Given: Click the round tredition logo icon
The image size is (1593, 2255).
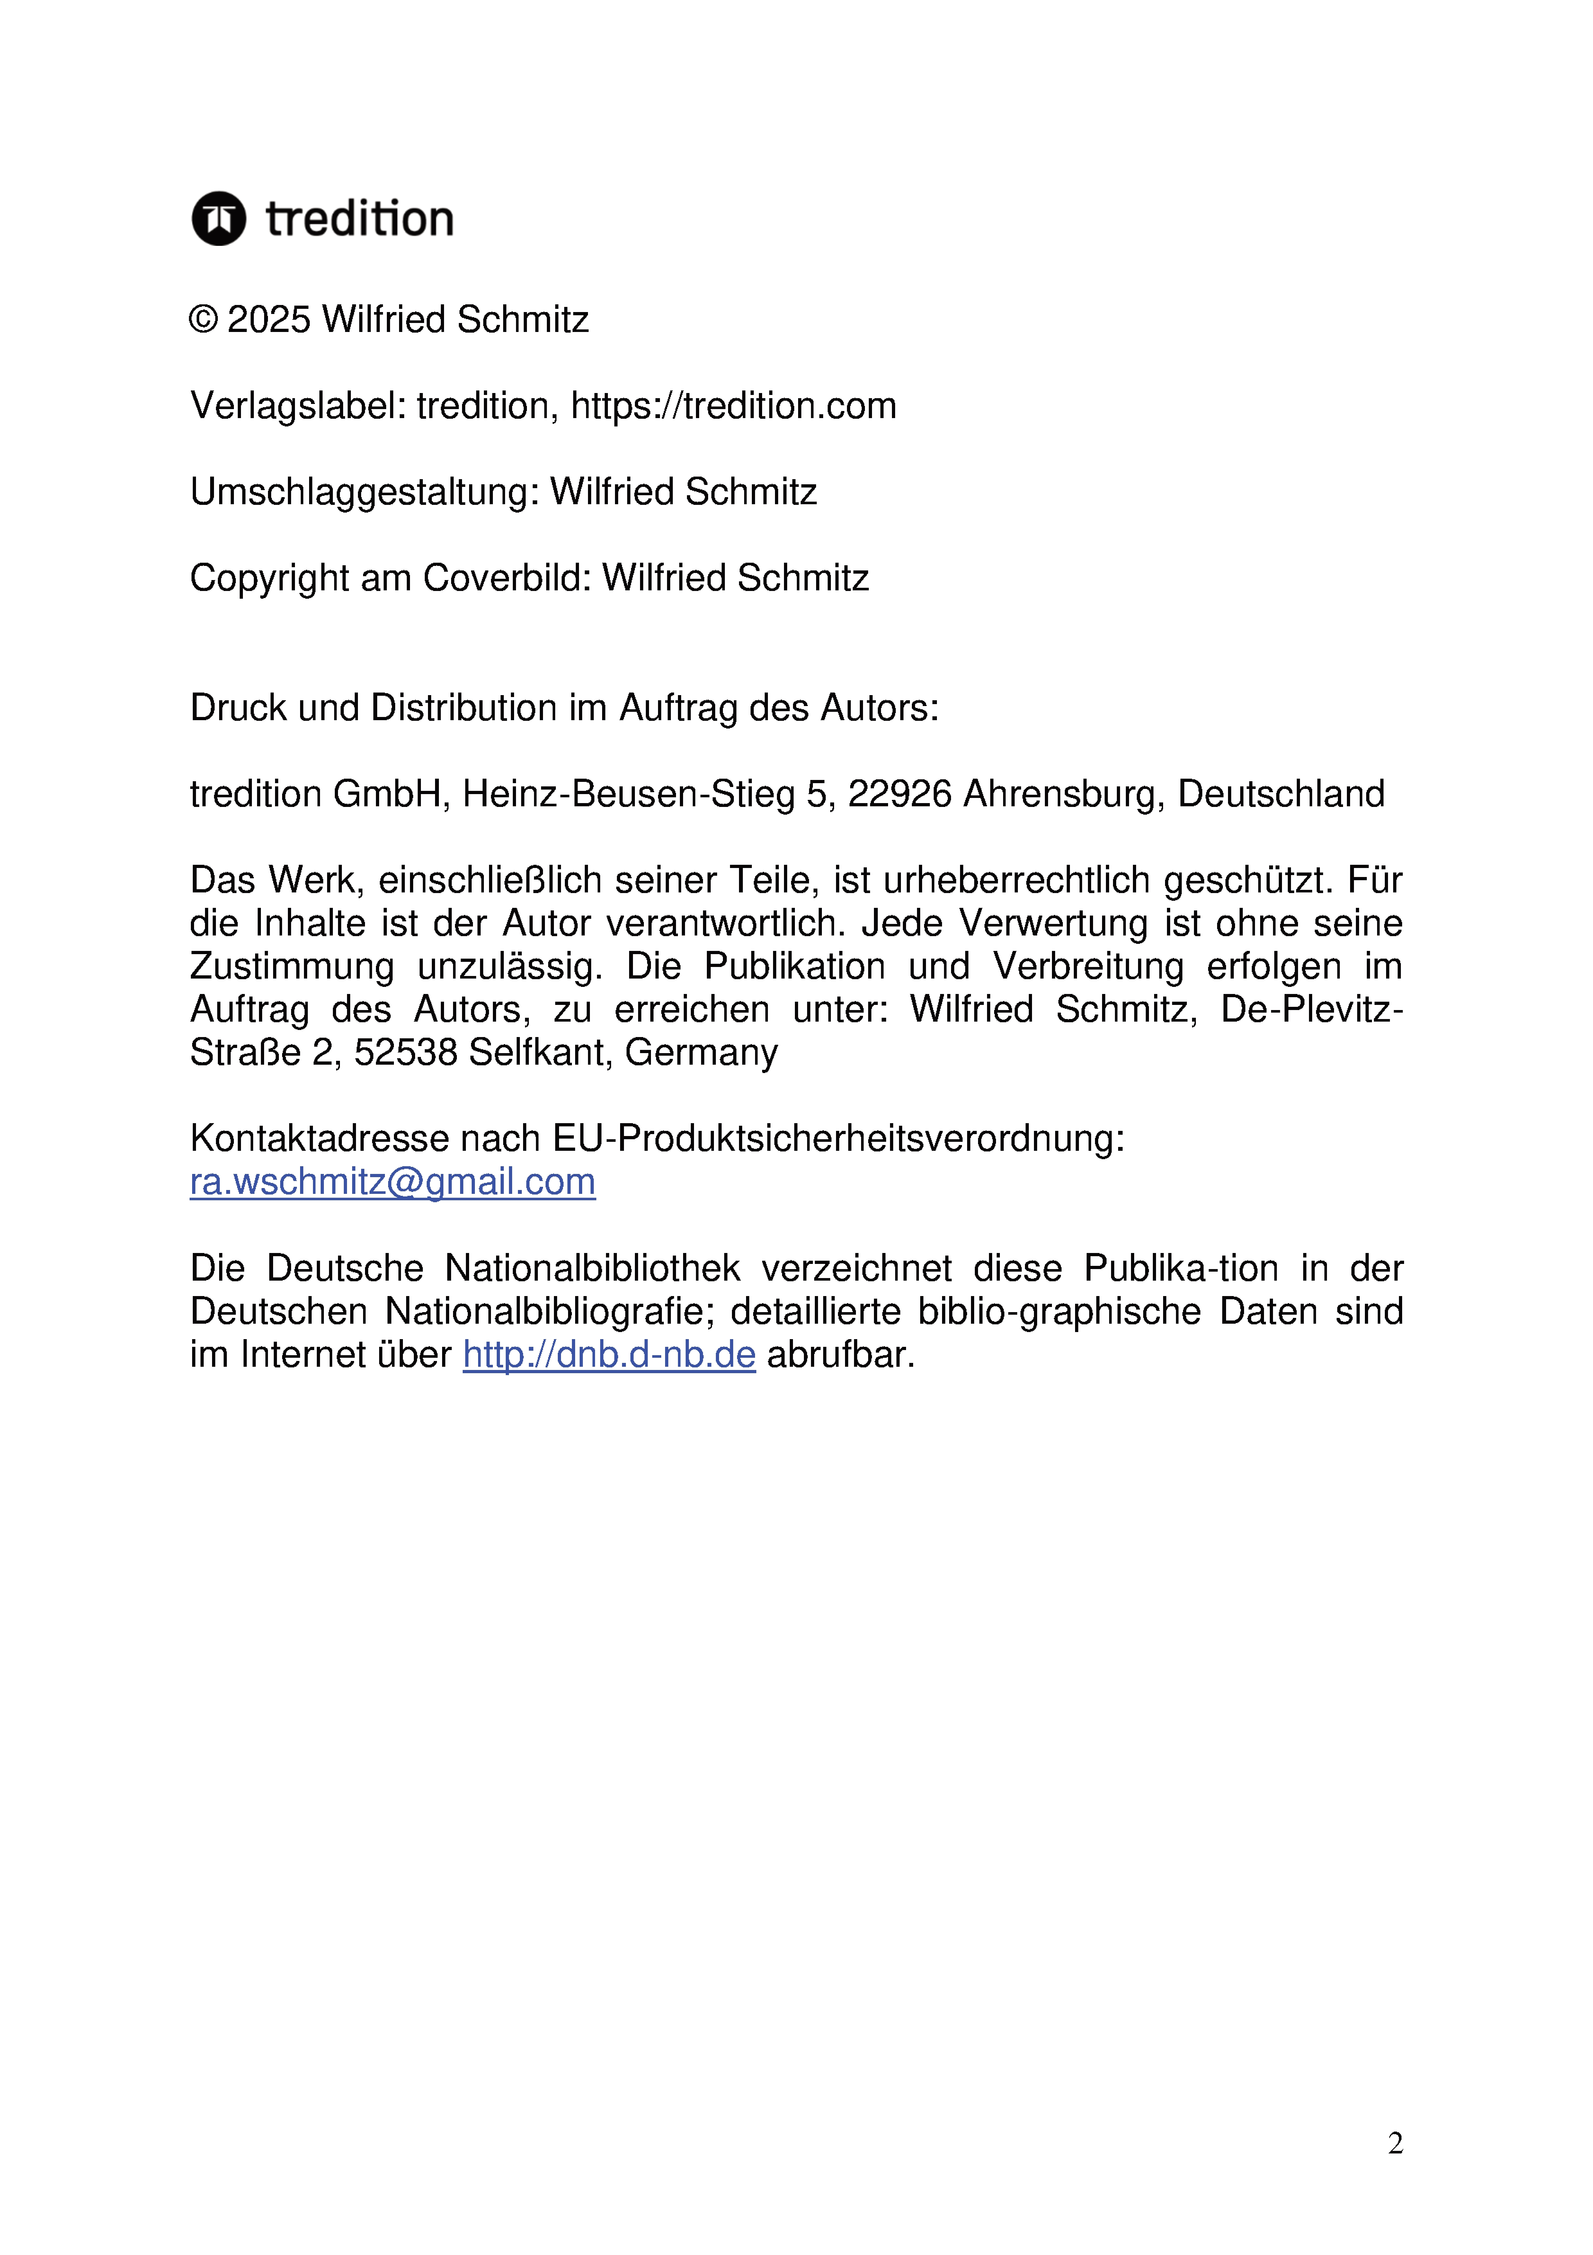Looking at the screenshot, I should pyautogui.click(x=218, y=218).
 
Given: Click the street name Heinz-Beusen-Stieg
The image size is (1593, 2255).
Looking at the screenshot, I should pyautogui.click(x=628, y=793).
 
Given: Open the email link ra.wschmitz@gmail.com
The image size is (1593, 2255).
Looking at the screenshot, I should pyautogui.click(x=393, y=1182).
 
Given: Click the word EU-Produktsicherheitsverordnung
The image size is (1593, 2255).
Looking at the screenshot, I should pyautogui.click(x=838, y=1138).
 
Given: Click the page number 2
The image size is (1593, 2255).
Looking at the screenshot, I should pyautogui.click(x=1395, y=2143).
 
